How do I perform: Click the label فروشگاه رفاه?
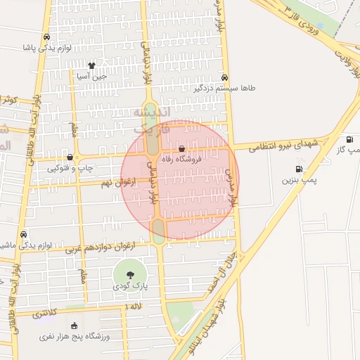(181, 160)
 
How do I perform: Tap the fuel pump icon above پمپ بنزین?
(300, 169)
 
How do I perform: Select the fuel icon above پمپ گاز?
(349, 139)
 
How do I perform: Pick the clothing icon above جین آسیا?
(91, 65)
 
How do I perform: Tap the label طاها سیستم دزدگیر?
(249, 89)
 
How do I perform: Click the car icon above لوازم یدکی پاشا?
(46, 37)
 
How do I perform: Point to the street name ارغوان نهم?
(117, 182)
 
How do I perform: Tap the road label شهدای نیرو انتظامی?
(284, 145)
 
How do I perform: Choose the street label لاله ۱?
(134, 307)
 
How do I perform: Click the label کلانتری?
(46, 314)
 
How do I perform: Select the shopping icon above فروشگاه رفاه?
(182, 149)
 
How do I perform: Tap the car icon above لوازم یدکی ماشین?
(24, 234)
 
